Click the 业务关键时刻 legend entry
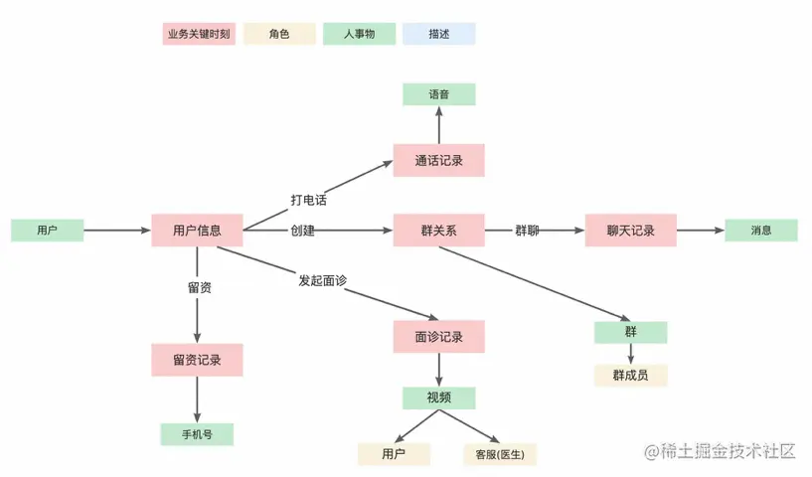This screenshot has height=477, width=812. pos(199,34)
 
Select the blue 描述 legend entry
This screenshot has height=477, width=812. pos(438,34)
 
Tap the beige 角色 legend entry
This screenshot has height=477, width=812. pos(279,34)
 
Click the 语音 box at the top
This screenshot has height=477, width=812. pos(438,94)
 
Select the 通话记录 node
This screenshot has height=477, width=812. pos(438,160)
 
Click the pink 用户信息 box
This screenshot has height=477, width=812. pos(197,231)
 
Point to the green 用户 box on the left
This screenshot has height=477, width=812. pos(47,231)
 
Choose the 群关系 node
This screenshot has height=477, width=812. pos(438,231)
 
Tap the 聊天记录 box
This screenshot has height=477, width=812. pos(631,231)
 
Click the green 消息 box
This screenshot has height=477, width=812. pos(761,231)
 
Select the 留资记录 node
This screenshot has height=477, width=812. pos(197,360)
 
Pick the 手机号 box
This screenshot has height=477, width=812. pos(197,434)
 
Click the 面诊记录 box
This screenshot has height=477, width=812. pos(438,337)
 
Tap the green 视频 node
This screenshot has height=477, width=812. pos(438,397)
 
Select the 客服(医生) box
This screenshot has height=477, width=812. pos(499,455)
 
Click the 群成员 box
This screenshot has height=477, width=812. pos(631,375)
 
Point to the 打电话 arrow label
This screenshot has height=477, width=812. pos(309,200)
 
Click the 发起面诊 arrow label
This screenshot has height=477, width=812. pos(322,280)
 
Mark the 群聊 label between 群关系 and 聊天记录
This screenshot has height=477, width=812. pos(527,231)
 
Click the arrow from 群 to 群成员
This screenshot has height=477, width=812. pos(631,354)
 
